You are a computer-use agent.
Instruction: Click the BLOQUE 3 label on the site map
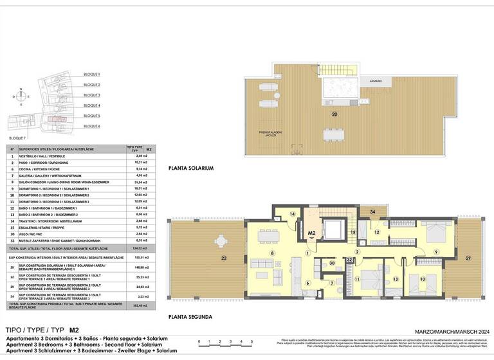(x=92, y=94)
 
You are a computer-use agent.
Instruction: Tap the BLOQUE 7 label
(x=19, y=138)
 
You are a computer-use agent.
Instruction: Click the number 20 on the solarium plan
(x=334, y=114)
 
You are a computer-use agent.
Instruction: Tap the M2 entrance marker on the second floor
(x=311, y=233)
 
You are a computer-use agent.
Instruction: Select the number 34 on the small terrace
(x=372, y=211)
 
